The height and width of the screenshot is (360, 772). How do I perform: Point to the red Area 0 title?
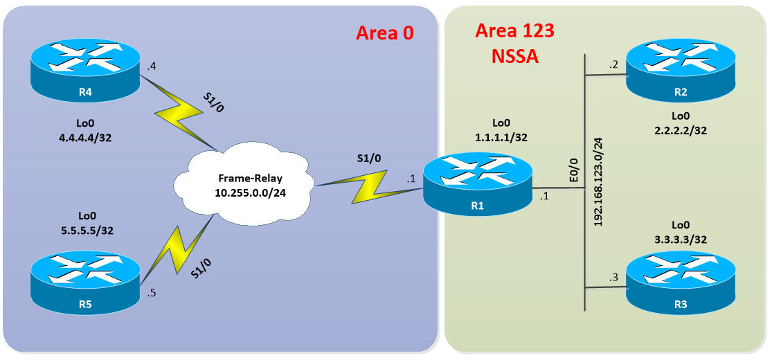pos(384,33)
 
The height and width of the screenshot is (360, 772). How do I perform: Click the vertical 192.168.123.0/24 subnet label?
pos(598,180)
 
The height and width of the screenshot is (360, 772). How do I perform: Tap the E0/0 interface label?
pos(572,170)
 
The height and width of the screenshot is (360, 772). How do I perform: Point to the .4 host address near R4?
pos(151,67)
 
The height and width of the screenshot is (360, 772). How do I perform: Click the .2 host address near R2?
pos(613,64)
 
